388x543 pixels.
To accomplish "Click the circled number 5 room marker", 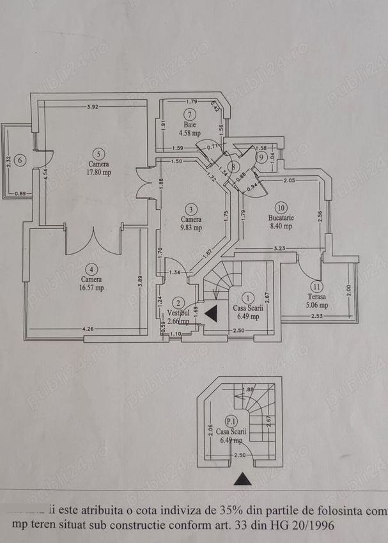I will pos(98,153).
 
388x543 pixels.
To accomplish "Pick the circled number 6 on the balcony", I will pos(20,160).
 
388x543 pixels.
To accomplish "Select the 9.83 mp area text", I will pos(191,228).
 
